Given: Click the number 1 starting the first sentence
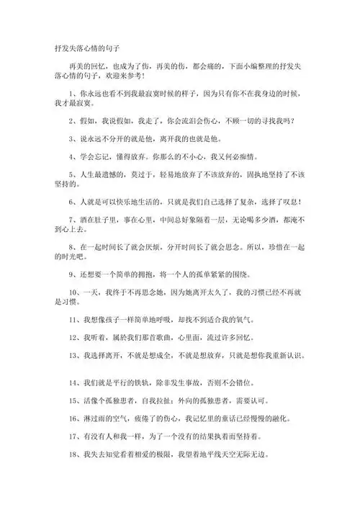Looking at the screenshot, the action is (x=66, y=93).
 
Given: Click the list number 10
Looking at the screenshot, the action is (x=68, y=295).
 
